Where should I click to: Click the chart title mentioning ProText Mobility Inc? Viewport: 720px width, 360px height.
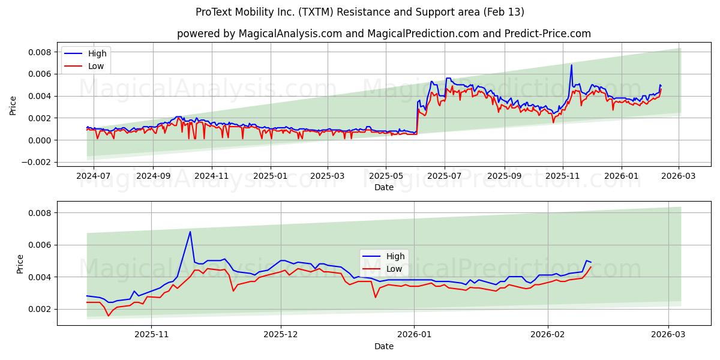coord(360,12)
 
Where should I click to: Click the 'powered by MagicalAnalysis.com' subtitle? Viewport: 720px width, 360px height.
coord(384,34)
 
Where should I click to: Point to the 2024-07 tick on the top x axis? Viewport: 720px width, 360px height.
coord(94,176)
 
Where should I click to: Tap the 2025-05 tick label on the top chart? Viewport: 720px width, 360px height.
coord(385,176)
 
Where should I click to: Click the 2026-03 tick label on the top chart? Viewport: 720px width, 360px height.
coord(679,176)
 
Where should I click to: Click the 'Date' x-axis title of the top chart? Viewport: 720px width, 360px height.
coord(384,187)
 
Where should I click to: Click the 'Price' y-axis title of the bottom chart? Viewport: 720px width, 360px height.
coord(20,264)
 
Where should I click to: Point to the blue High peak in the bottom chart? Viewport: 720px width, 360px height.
coord(190,232)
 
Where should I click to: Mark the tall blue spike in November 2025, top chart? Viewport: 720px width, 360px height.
coord(571,65)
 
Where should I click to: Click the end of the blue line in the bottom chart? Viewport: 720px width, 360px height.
coord(591,262)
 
